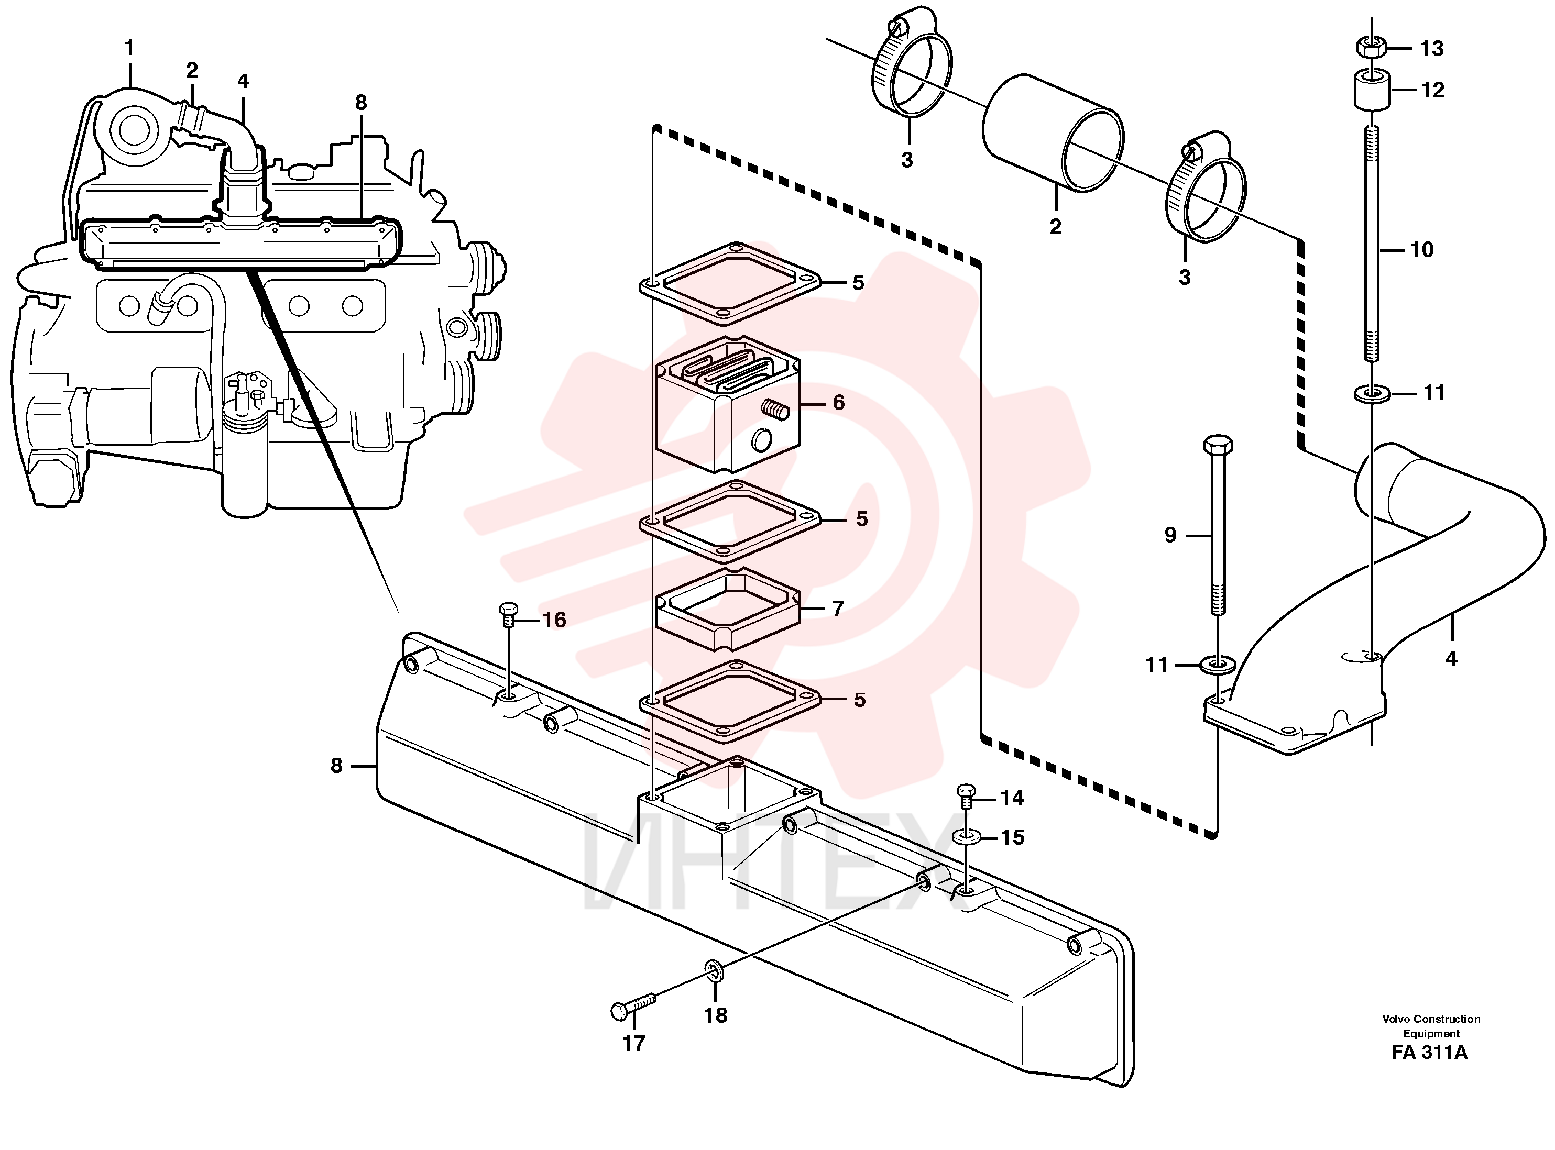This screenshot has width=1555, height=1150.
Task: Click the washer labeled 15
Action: coord(967,835)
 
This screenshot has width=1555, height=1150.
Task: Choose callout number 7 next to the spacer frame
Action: coord(838,609)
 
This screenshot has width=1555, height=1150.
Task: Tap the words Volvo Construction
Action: coord(1431,1019)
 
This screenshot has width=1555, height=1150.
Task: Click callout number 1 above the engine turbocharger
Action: coord(129,48)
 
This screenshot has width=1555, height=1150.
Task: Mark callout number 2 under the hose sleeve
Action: coord(1055,226)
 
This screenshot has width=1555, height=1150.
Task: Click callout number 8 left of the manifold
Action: coord(336,766)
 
